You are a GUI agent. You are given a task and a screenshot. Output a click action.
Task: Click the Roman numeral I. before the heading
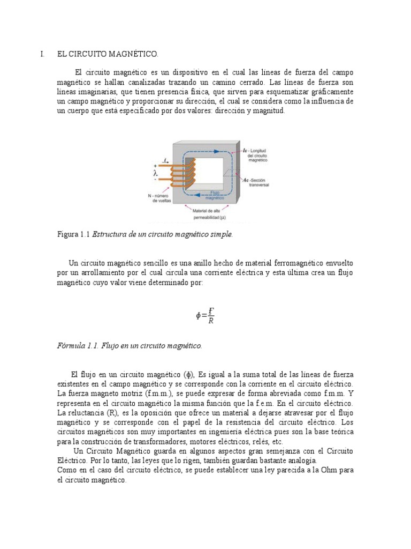[42, 54]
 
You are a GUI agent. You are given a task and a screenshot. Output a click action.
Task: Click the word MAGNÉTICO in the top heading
[134, 54]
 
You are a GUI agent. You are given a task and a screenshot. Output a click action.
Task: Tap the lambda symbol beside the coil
[155, 174]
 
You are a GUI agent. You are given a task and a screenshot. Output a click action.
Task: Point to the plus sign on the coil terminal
[155, 166]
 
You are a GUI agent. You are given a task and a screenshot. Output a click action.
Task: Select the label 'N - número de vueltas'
[161, 198]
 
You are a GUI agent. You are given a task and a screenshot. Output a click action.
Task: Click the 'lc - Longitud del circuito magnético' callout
[256, 155]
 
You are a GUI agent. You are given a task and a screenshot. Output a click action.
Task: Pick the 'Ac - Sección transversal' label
[256, 182]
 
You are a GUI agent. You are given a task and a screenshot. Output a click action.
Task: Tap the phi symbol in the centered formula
[199, 316]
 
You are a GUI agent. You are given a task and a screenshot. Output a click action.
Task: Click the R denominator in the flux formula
[211, 321]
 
